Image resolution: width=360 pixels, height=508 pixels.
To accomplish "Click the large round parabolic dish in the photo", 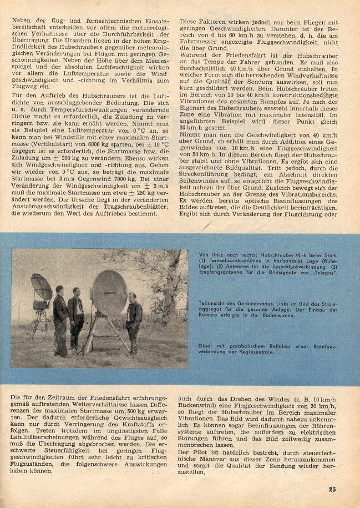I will click(x=109, y=292).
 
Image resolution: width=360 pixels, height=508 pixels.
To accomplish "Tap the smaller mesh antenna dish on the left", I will click(x=42, y=288).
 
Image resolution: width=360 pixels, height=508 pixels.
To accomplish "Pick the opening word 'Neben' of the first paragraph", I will click(x=21, y=21).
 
